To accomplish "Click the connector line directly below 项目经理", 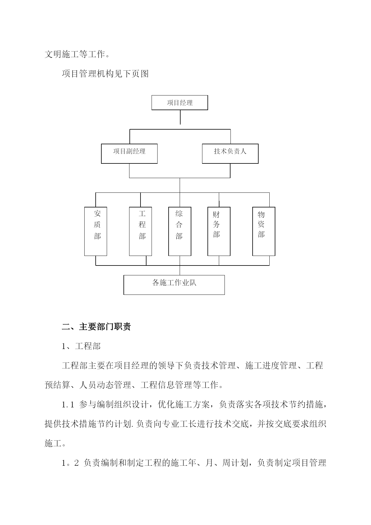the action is (x=180, y=117).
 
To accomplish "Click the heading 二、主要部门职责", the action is (x=96, y=327).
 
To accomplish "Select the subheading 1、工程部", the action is (x=81, y=346).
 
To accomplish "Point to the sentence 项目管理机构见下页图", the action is (x=105, y=74).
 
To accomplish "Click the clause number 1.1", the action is (x=68, y=405).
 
